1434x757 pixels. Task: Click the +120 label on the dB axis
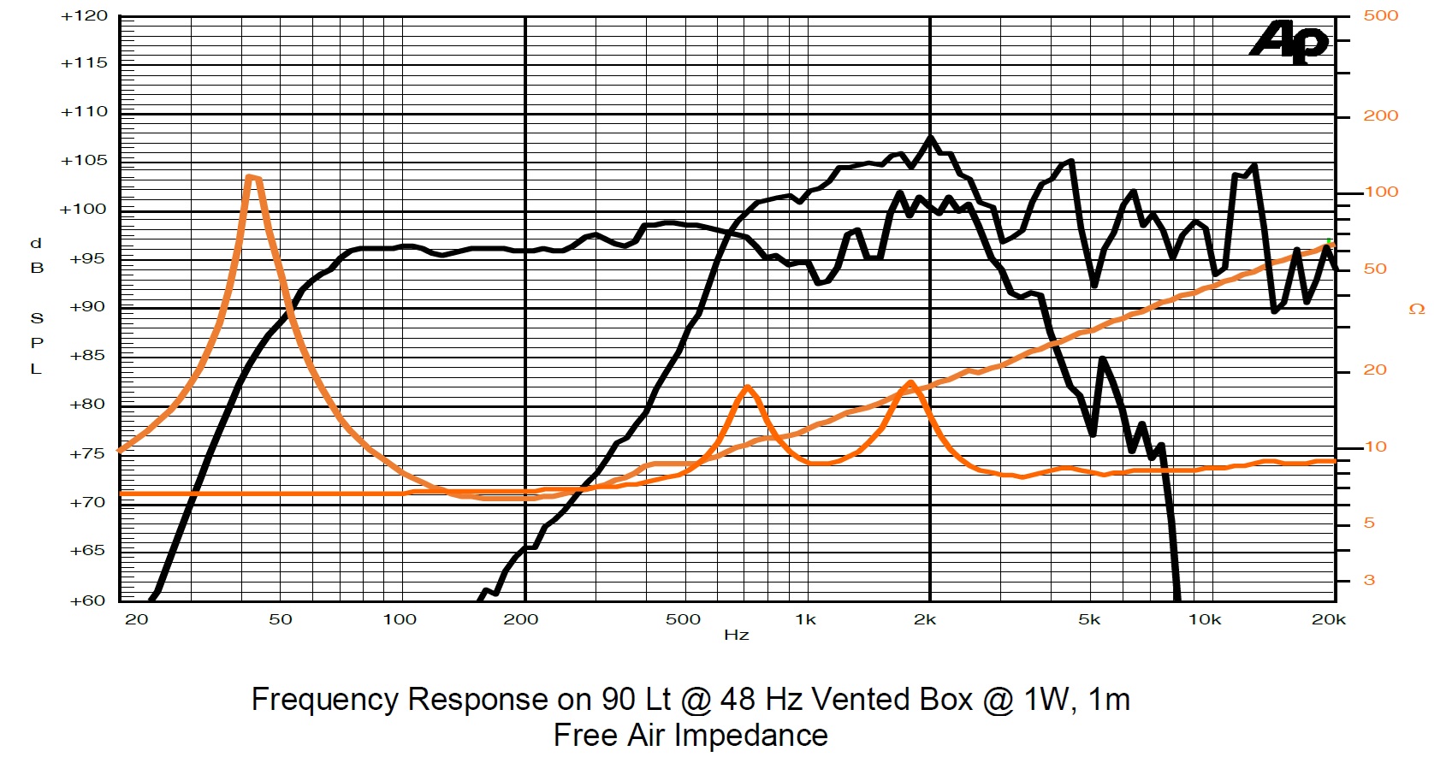pyautogui.click(x=84, y=15)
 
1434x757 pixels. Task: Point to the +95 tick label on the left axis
pyautogui.click(x=86, y=258)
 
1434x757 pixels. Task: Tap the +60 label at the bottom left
pyautogui.click(x=86, y=600)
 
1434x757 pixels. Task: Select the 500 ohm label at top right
pyautogui.click(x=1380, y=15)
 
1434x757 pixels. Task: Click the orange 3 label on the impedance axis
pyautogui.click(x=1369, y=580)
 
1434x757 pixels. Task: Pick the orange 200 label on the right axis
pyautogui.click(x=1380, y=115)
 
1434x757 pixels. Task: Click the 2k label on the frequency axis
pyautogui.click(x=924, y=619)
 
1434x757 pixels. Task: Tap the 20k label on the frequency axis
pyautogui.click(x=1328, y=619)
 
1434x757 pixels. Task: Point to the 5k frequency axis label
pyautogui.click(x=1088, y=619)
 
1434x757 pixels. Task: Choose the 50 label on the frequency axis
pyautogui.click(x=280, y=619)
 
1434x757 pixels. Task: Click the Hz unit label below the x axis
pyautogui.click(x=736, y=635)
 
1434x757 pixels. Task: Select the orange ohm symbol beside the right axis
pyautogui.click(x=1417, y=309)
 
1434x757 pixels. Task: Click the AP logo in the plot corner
pyautogui.click(x=1289, y=42)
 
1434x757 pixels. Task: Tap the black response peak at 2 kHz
pyautogui.click(x=931, y=137)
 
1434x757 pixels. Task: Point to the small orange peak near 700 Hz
pyautogui.click(x=748, y=387)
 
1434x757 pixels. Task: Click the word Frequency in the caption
pyautogui.click(x=323, y=700)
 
